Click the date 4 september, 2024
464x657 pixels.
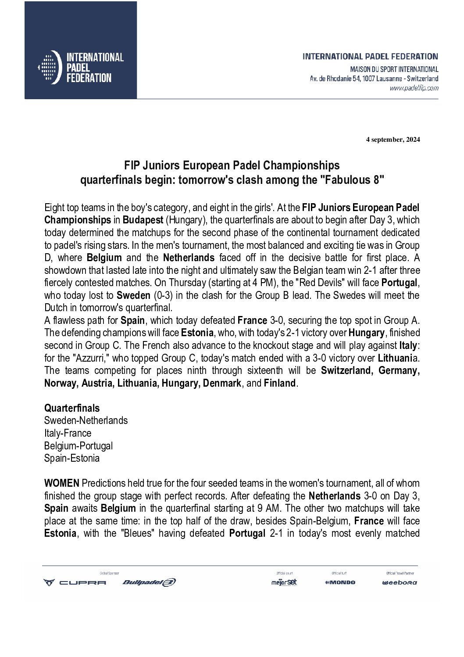point(393,140)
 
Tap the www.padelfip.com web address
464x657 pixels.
point(414,88)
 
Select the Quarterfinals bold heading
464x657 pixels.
point(72,408)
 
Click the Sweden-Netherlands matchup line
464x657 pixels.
point(86,420)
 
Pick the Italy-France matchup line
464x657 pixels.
point(68,433)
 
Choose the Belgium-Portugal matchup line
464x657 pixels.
point(79,446)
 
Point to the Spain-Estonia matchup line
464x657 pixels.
point(72,459)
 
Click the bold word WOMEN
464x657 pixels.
point(61,484)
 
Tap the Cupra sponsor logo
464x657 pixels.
point(74,582)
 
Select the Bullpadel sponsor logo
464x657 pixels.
point(149,582)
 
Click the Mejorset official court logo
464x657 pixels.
point(284,582)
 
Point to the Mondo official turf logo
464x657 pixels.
point(340,582)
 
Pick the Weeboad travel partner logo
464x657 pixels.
point(399,582)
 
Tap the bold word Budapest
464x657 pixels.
point(143,219)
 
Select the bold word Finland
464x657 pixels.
point(280,383)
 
